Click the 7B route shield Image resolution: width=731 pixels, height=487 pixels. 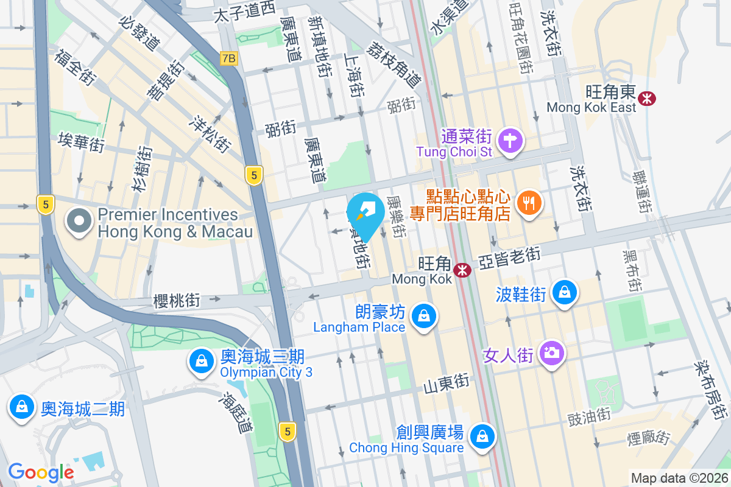(x=229, y=58)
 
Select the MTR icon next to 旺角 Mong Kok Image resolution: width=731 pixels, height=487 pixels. (x=462, y=269)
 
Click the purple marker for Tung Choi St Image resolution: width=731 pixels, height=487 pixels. (x=510, y=141)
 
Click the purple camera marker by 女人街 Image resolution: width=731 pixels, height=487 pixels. (x=552, y=353)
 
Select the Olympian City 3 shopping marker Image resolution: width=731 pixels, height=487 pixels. (x=201, y=362)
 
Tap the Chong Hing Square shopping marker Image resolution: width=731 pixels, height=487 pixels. (x=482, y=436)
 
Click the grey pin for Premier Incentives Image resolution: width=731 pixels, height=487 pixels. (x=80, y=222)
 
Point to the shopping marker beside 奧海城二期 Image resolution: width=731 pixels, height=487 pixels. (x=22, y=406)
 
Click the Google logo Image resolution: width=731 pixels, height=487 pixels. (x=41, y=472)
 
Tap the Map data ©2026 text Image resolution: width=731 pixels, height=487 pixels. (x=679, y=478)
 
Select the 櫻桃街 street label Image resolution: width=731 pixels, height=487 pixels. (x=177, y=300)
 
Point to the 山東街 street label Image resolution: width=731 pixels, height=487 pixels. (x=447, y=384)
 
